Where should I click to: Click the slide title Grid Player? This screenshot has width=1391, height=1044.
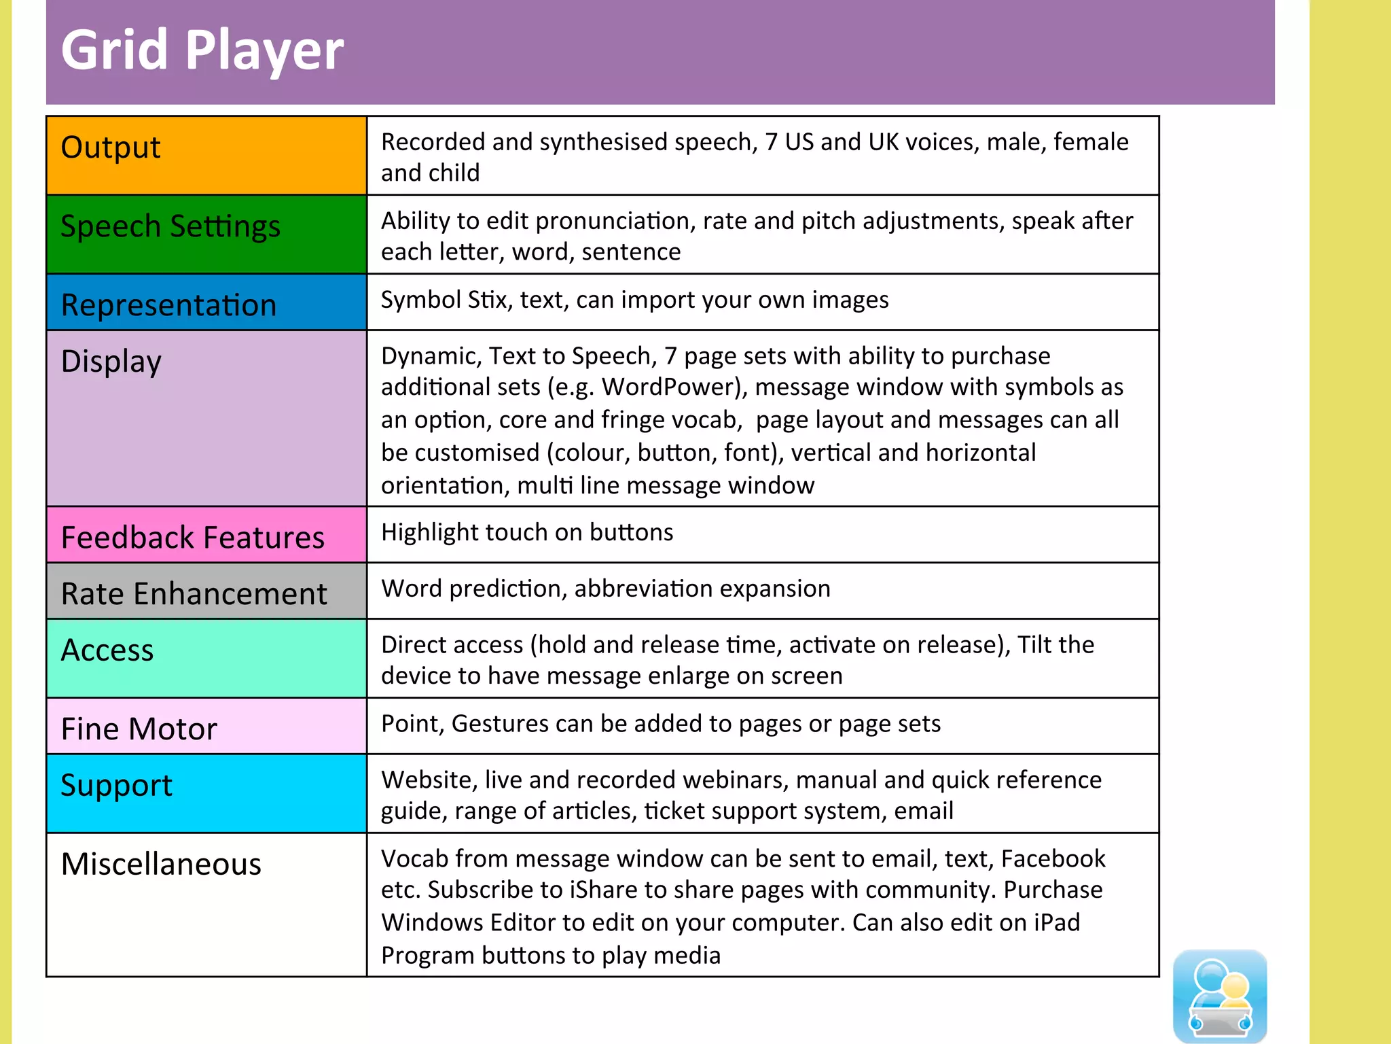[x=202, y=50]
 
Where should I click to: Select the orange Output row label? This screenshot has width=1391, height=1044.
[x=111, y=147]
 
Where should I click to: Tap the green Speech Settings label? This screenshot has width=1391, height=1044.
[x=170, y=226]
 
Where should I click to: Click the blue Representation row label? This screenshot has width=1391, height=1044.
[x=168, y=305]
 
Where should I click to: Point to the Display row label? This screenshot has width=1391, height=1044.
[x=111, y=362]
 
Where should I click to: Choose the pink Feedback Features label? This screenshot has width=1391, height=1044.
[x=193, y=538]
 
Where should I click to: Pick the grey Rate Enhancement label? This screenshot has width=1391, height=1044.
[x=194, y=594]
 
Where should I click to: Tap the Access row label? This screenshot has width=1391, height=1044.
[x=107, y=650]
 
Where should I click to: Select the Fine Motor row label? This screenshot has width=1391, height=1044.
[x=139, y=729]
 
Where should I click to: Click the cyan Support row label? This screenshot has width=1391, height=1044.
[x=116, y=786]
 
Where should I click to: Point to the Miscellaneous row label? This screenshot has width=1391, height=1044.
[x=161, y=865]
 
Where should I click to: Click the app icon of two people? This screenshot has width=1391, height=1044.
[x=1220, y=995]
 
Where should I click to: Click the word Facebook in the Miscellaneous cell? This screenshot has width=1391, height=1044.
[x=1053, y=859]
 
